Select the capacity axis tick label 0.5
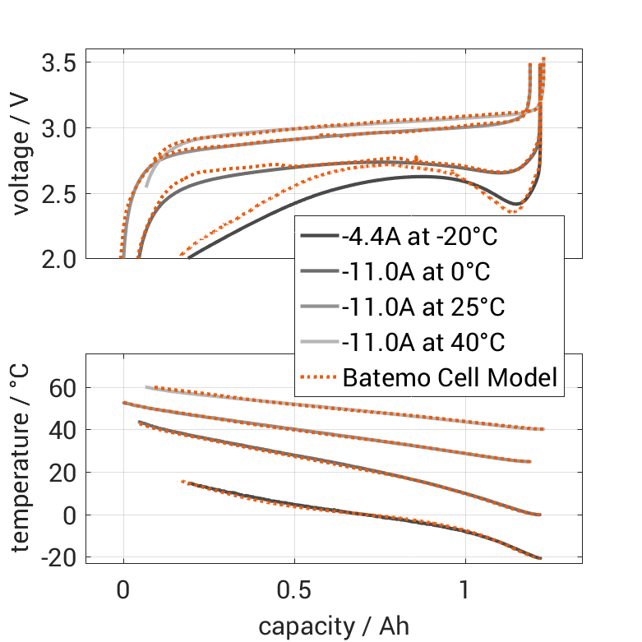click(x=294, y=592)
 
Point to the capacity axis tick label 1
click(x=465, y=592)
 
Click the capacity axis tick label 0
click(x=123, y=592)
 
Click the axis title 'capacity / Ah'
click(x=333, y=627)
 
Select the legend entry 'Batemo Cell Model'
click(x=450, y=378)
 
